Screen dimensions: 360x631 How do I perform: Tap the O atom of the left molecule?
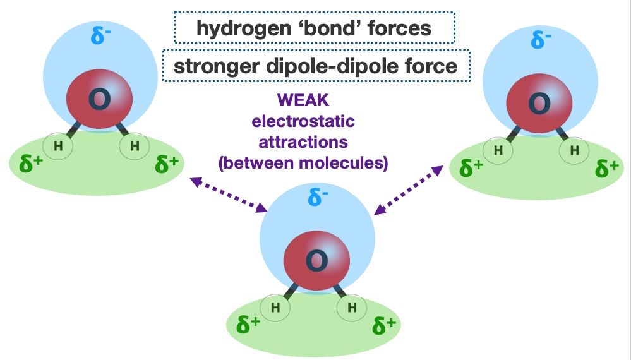tap(99, 101)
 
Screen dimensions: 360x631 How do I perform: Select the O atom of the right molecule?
tap(539, 103)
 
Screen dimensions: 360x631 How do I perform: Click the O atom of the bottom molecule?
tap(316, 260)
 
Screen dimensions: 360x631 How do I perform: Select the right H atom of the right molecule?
tap(574, 150)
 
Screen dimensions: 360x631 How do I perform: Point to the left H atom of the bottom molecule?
tap(275, 308)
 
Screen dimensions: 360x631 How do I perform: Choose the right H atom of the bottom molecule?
tap(352, 308)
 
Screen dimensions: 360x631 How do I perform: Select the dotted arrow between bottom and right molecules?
tap(410, 189)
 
